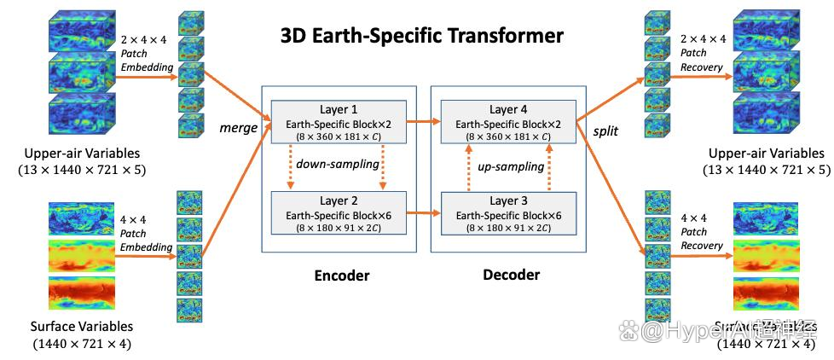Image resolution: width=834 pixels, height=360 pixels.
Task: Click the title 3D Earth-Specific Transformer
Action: (x=421, y=36)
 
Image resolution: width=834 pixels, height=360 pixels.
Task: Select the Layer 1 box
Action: (x=339, y=122)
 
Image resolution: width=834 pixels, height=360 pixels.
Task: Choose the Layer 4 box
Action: (x=509, y=122)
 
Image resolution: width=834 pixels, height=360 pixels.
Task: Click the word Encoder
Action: (x=341, y=275)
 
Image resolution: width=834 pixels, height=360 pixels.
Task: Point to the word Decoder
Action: (x=511, y=275)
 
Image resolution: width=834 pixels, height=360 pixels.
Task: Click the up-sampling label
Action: (x=509, y=169)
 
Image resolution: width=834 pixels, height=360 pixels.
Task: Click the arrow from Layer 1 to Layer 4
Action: (x=424, y=120)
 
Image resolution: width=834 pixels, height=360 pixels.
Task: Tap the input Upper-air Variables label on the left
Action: (x=72, y=154)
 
